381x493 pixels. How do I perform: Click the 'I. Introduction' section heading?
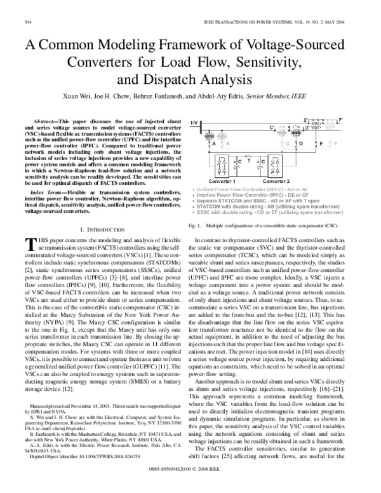coord(101,210)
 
